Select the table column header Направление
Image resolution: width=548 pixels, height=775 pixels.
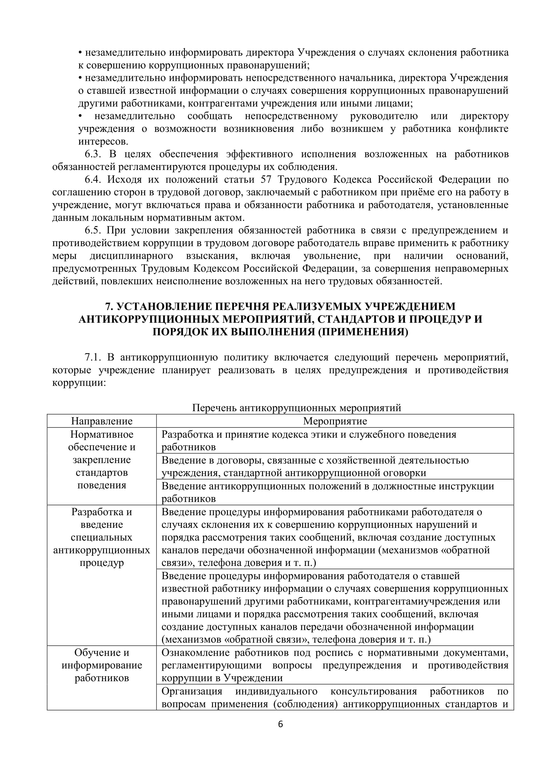click(x=102, y=421)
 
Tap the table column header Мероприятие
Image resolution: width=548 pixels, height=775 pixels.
click(x=335, y=421)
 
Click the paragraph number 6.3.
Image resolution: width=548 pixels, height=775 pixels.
click(x=93, y=154)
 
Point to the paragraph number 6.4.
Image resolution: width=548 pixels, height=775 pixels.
click(x=93, y=180)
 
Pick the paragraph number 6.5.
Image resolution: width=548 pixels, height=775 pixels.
click(x=93, y=230)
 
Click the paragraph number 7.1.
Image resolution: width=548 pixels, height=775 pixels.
click(x=93, y=357)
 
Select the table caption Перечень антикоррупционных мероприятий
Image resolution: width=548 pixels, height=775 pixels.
click(x=296, y=408)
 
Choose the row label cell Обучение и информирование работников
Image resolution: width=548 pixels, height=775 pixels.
click(x=102, y=665)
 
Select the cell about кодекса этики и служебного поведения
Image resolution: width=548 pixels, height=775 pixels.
click(x=335, y=440)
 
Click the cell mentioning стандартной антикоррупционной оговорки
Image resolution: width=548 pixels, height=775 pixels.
click(x=335, y=467)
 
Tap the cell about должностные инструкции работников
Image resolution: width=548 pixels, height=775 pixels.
click(x=335, y=492)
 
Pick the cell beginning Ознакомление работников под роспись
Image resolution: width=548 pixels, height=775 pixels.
click(x=335, y=665)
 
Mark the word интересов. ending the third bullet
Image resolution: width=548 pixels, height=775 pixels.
click(x=103, y=141)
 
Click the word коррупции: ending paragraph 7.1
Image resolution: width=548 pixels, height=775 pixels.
click(x=79, y=383)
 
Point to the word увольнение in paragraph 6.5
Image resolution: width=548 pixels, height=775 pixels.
click(x=332, y=256)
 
